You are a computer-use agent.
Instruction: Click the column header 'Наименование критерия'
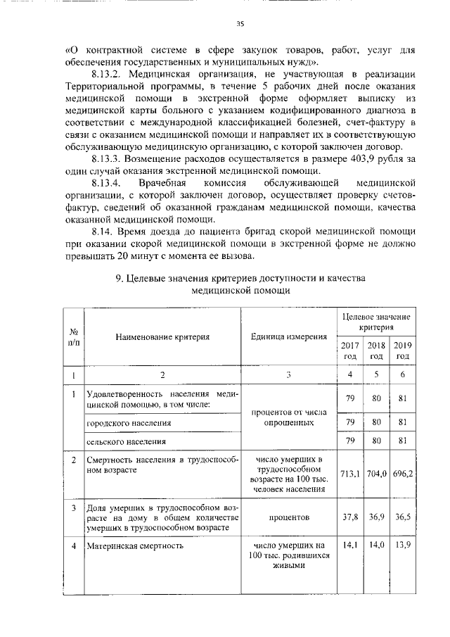[x=162, y=336]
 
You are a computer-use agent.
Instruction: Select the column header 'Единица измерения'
[x=289, y=336]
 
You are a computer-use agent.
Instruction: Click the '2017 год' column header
[x=349, y=350]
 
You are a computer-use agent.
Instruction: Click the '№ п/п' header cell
[x=74, y=336]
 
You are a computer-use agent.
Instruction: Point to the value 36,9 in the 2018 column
[x=375, y=517]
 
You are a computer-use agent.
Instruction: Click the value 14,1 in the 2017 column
[x=349, y=545]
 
